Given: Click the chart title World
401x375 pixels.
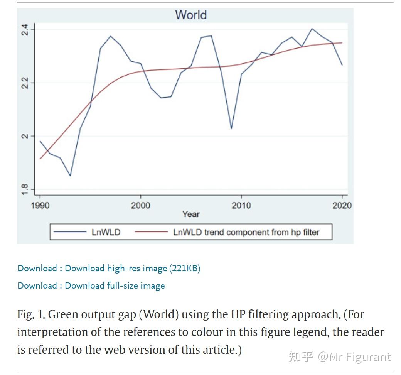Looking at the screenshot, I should click(191, 15).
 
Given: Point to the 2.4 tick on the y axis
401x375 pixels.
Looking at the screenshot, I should click(25, 30).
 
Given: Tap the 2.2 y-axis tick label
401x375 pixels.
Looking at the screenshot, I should click(25, 83).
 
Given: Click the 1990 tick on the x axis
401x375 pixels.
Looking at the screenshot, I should click(40, 205).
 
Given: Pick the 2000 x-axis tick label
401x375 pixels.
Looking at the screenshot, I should click(140, 205).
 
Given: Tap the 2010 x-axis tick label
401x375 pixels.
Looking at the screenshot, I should click(241, 205).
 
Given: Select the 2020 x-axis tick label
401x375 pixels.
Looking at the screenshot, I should click(342, 205).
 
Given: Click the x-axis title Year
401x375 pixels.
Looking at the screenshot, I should click(191, 214).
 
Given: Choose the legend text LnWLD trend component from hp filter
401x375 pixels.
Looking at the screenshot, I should click(246, 232).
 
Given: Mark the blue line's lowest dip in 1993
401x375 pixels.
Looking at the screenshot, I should click(70, 176).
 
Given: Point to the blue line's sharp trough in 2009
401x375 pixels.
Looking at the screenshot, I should click(231, 128).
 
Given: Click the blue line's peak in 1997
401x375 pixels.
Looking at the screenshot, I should click(110, 36).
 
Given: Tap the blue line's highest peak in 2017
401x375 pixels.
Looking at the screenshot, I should click(312, 29).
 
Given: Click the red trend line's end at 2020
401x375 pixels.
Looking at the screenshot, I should click(342, 43).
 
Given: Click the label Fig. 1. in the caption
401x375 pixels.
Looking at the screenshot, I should click(31, 314).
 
